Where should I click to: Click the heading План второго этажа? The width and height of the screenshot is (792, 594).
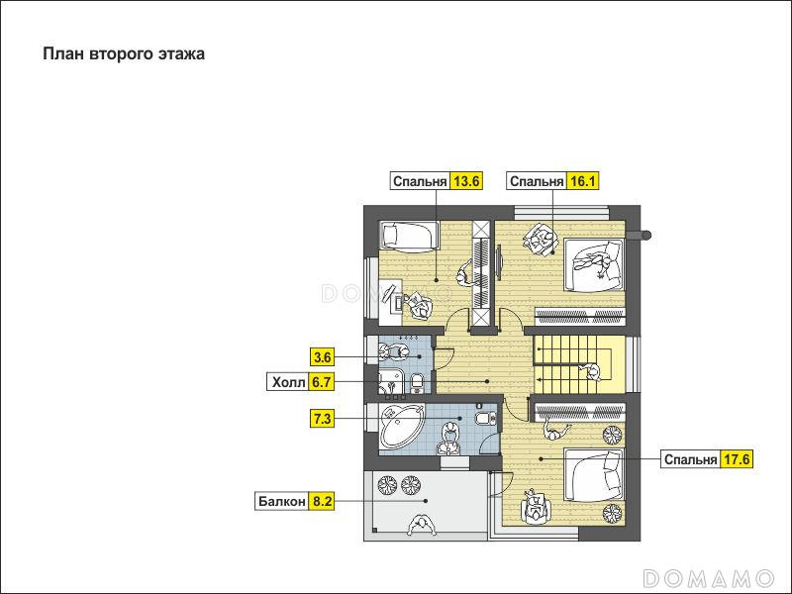pyautogui.click(x=124, y=53)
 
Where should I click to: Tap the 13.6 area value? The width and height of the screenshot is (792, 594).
pyautogui.click(x=465, y=181)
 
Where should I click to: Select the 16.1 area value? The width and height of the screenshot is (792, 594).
pyautogui.click(x=582, y=181)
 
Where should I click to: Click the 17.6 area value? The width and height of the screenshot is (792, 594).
pyautogui.click(x=737, y=459)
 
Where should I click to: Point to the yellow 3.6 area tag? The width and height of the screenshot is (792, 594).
pyautogui.click(x=323, y=357)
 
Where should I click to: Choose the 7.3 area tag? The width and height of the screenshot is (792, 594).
pyautogui.click(x=323, y=419)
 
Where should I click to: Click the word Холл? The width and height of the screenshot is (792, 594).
pyautogui.click(x=288, y=382)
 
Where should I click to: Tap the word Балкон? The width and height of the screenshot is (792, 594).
pyautogui.click(x=282, y=501)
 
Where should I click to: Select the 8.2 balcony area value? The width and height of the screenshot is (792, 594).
pyautogui.click(x=323, y=501)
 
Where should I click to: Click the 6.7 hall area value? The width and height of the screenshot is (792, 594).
pyautogui.click(x=321, y=382)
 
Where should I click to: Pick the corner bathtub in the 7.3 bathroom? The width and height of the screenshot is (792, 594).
pyautogui.click(x=402, y=427)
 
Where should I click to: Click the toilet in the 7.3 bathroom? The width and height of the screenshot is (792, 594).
pyautogui.click(x=485, y=417)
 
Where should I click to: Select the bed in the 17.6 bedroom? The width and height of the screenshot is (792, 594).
pyautogui.click(x=594, y=474)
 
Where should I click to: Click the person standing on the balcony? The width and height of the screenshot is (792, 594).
pyautogui.click(x=423, y=525)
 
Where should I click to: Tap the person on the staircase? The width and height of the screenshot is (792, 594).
pyautogui.click(x=592, y=372)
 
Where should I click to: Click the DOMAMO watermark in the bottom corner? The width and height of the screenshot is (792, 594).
pyautogui.click(x=708, y=577)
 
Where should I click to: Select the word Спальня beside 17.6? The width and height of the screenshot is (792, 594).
pyautogui.click(x=690, y=459)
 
